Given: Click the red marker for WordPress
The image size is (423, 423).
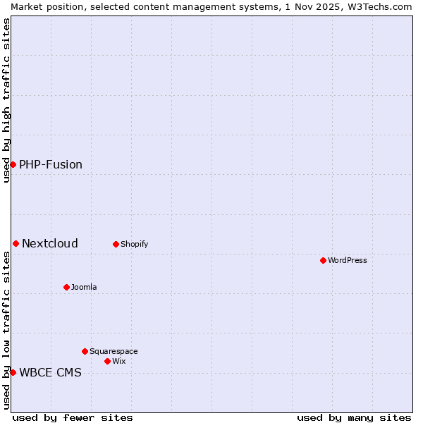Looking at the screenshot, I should tap(323, 260).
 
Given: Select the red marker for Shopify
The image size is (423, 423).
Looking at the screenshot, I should tap(116, 244).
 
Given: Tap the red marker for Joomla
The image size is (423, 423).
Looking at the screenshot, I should tap(66, 287).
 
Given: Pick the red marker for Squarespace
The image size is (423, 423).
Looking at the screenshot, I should tap(85, 351).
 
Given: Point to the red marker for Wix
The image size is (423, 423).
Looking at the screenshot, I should tap(107, 361).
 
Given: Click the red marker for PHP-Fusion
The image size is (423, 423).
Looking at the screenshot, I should tap(13, 164).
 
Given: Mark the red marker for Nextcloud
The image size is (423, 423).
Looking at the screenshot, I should tap(16, 243).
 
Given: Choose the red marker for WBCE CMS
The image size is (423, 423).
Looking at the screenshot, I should tap(13, 372).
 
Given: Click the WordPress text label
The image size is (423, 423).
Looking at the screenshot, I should tap(348, 260).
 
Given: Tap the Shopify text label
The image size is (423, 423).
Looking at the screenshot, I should tap(134, 244).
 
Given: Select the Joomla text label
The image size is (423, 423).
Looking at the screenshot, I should tap(84, 287).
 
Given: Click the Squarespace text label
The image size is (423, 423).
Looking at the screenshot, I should tap(114, 351).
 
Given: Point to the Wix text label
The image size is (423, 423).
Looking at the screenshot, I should tap(118, 361).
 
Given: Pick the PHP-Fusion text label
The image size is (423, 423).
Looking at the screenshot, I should tap(51, 164).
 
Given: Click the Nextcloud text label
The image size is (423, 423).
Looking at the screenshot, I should tap(50, 243).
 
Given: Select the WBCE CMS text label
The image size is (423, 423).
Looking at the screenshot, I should tap(50, 372).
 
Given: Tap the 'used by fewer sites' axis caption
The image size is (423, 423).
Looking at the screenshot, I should tap(73, 417).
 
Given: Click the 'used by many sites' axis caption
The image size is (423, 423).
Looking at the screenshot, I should tap(354, 417).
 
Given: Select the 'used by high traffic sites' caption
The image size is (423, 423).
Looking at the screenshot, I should tap(6, 100).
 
